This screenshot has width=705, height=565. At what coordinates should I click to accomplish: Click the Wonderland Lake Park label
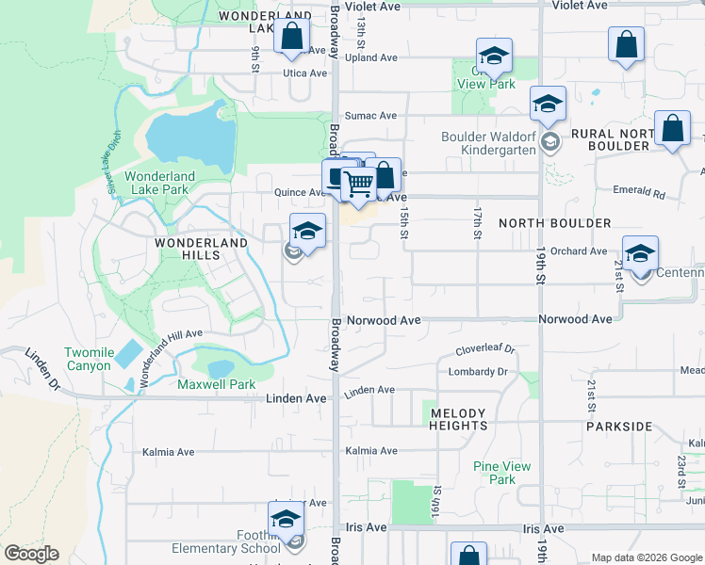(x=159, y=183)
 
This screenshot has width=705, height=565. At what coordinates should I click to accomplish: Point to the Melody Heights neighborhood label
(x=458, y=419)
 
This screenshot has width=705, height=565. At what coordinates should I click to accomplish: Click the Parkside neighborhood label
(x=618, y=427)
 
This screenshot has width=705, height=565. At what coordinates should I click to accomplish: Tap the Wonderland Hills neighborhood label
(x=201, y=249)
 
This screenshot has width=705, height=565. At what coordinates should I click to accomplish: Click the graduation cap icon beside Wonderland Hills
(x=307, y=230)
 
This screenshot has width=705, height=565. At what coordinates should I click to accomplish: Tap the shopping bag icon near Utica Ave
(x=292, y=39)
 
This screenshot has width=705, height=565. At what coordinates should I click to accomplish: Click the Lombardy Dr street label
(x=478, y=371)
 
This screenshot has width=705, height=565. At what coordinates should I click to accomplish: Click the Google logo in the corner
(x=30, y=554)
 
